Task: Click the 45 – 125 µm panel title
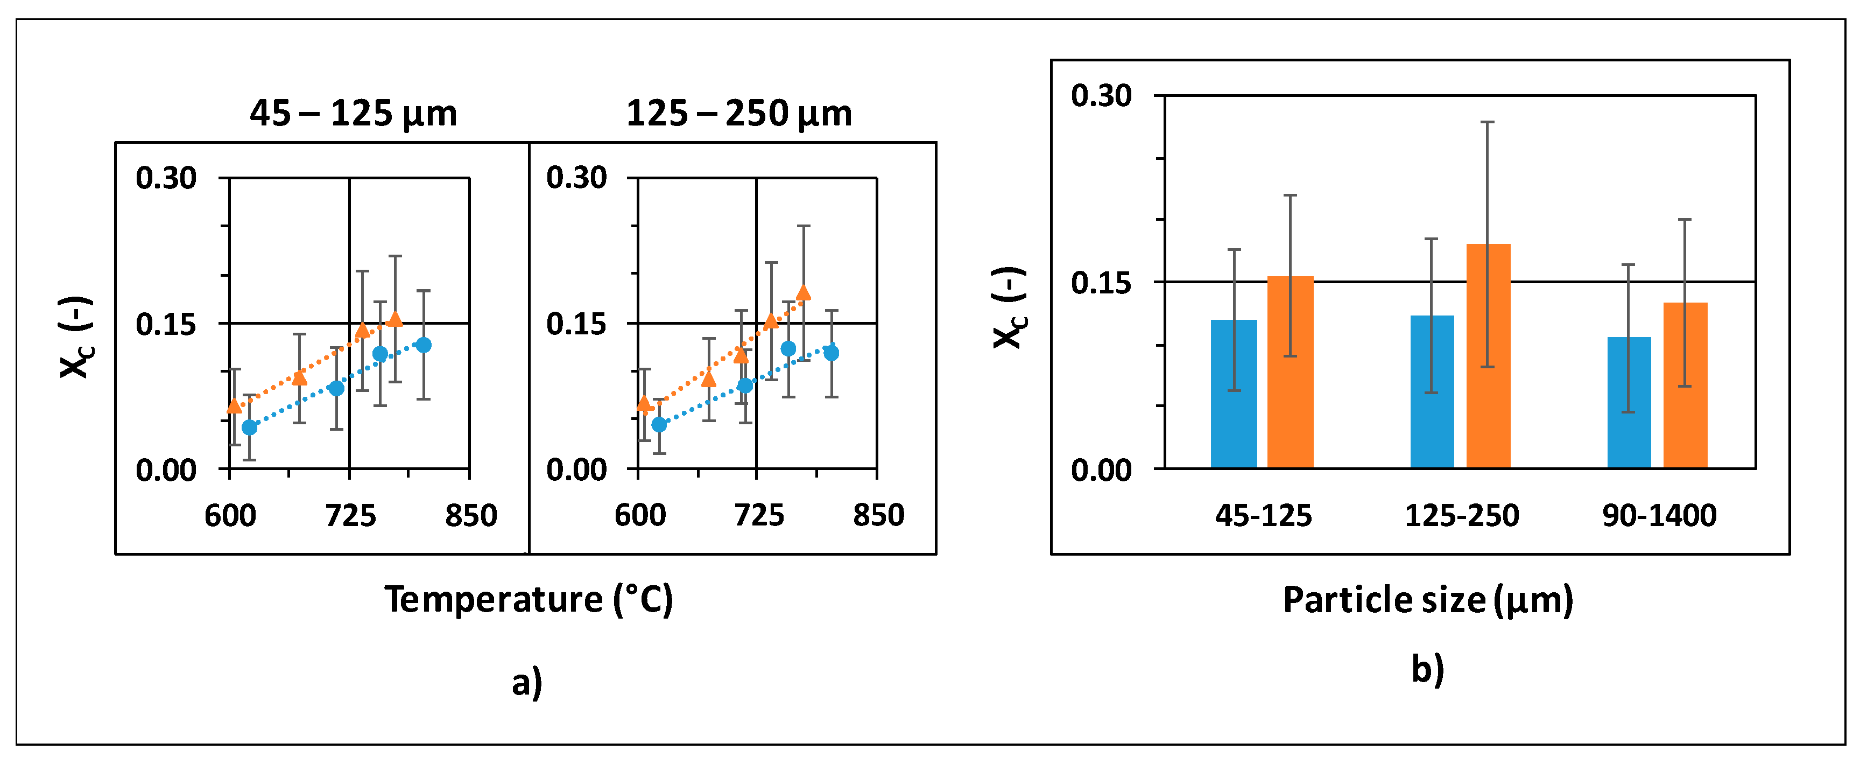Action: tap(353, 114)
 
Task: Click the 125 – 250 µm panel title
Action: tap(738, 114)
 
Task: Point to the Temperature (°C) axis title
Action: tap(529, 600)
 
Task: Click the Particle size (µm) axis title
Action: tap(1427, 600)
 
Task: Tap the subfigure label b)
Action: tap(1427, 670)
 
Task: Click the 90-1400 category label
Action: tap(1659, 516)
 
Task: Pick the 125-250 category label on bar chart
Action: tap(1461, 516)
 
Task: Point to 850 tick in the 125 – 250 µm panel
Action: tap(878, 516)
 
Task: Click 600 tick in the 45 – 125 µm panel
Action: tap(230, 516)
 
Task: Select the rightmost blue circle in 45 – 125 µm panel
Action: tap(424, 345)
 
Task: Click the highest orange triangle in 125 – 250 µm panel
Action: tap(803, 292)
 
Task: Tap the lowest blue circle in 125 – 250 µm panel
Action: tap(659, 425)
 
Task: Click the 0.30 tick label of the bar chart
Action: tap(1101, 95)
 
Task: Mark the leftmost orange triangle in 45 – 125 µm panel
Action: tap(234, 406)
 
